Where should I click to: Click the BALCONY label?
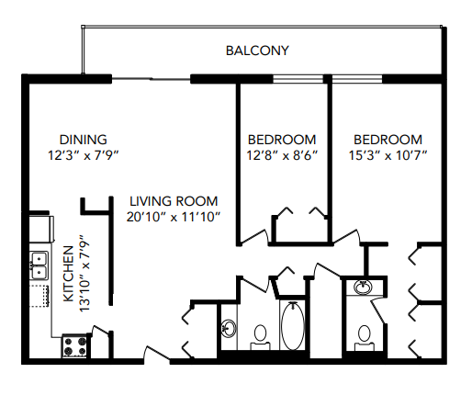tap(256, 51)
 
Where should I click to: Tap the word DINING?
tap(84, 140)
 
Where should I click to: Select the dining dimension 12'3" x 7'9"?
tap(84, 155)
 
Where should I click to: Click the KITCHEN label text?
tap(68, 274)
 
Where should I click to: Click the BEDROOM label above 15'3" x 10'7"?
tap(388, 140)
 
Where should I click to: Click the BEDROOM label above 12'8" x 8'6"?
tap(282, 140)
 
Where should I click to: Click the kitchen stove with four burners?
tap(74, 346)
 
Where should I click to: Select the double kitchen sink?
tap(39, 265)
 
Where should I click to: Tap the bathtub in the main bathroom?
tap(293, 326)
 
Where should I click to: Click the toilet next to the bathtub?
tap(261, 335)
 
